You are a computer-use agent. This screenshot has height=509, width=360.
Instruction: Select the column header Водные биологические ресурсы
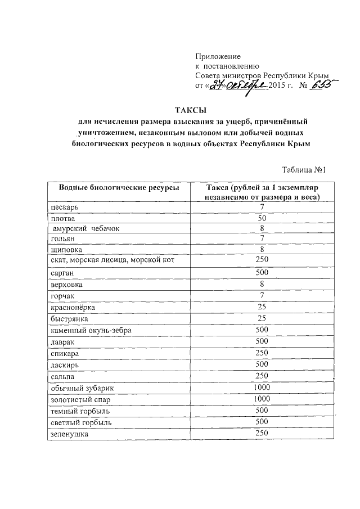tap(115, 187)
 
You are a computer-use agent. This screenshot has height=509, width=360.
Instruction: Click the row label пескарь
tap(64, 208)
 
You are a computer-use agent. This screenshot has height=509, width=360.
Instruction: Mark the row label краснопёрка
tap(74, 308)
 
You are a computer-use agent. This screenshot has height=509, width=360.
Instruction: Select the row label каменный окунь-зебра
tap(91, 330)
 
